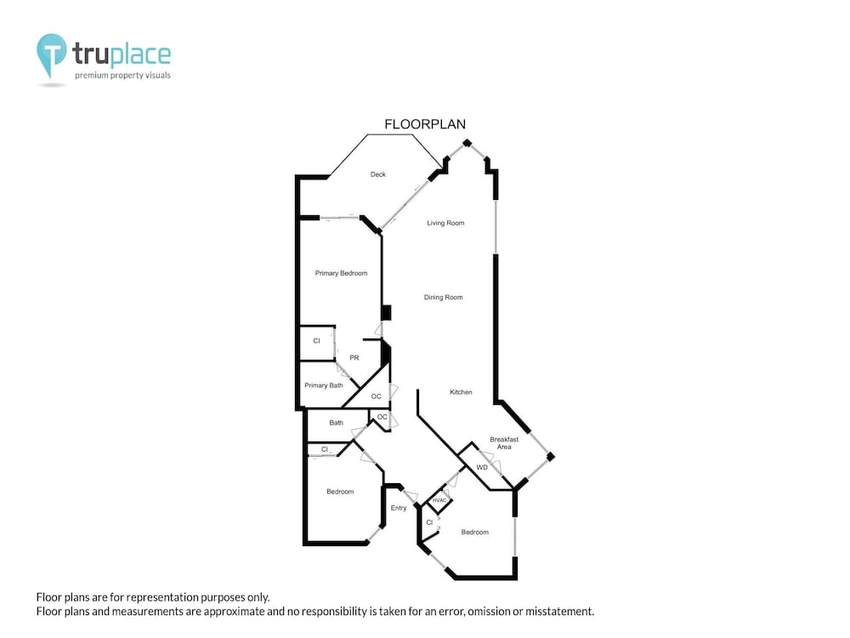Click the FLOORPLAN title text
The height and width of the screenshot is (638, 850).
(x=425, y=124)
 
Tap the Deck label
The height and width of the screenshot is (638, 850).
(x=378, y=174)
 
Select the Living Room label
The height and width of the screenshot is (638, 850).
(x=445, y=223)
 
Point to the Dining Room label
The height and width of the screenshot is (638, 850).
(x=444, y=297)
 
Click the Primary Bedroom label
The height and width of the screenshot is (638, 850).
(x=342, y=273)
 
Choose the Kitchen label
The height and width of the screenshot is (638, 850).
(x=461, y=391)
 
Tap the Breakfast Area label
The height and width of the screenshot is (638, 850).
(x=504, y=442)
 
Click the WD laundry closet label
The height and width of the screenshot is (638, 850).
(x=482, y=467)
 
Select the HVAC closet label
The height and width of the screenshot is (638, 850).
(x=439, y=500)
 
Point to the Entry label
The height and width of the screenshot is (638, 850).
(x=399, y=508)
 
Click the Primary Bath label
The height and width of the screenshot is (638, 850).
(x=324, y=385)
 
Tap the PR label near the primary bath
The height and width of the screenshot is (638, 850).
(x=354, y=357)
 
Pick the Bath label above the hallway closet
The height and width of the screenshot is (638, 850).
(x=336, y=423)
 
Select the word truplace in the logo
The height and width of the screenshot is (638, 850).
(x=122, y=54)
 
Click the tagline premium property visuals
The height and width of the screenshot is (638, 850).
(x=122, y=76)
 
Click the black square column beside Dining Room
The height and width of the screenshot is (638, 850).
(x=386, y=313)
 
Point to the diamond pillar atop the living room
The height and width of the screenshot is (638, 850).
(x=467, y=143)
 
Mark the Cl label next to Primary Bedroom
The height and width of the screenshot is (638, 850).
(x=316, y=341)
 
